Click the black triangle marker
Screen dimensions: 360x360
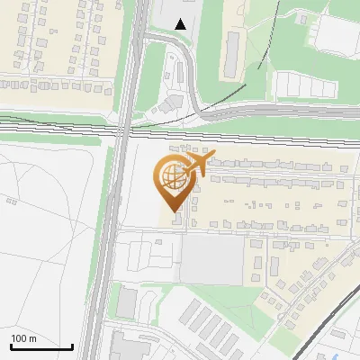[x=182, y=24]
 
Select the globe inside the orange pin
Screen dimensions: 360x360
[x=173, y=173]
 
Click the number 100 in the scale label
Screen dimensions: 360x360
[x=19, y=338]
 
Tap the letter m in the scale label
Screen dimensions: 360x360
[x=32, y=338]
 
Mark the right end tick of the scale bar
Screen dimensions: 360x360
[x=72, y=346]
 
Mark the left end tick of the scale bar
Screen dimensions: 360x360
[x=10, y=346]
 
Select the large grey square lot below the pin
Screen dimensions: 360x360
[x=213, y=260]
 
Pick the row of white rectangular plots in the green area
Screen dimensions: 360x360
[x=301, y=85]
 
